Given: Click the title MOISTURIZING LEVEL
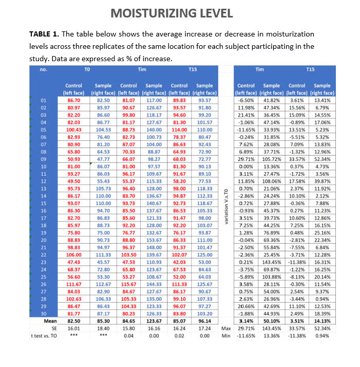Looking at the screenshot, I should pos(180,12).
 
